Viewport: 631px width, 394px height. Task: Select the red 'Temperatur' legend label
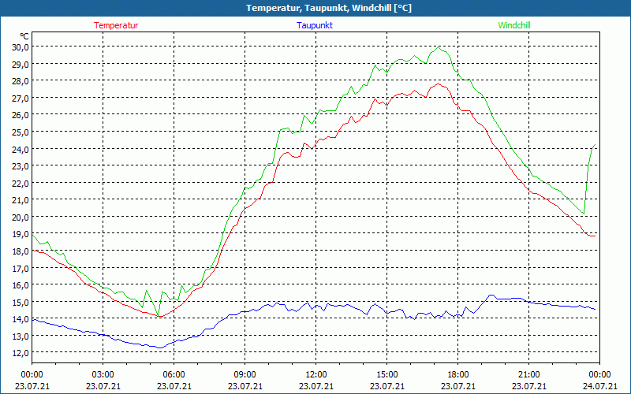tap(116, 25)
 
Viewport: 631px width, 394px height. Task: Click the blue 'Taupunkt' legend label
tap(315, 25)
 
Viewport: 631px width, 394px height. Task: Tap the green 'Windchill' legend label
tap(514, 25)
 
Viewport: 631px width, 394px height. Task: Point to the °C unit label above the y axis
tap(24, 35)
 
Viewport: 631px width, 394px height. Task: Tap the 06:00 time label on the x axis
tap(174, 374)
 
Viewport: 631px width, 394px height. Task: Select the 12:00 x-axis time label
tap(315, 374)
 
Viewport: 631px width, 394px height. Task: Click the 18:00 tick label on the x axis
tap(457, 374)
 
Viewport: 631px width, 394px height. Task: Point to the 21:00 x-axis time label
tap(528, 374)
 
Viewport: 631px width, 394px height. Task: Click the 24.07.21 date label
tap(599, 385)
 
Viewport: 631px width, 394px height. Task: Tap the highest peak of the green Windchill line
tap(439, 46)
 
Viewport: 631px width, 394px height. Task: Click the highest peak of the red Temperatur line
tap(438, 84)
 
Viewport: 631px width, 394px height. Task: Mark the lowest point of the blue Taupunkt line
tap(159, 348)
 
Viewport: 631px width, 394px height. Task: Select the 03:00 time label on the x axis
tap(103, 374)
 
